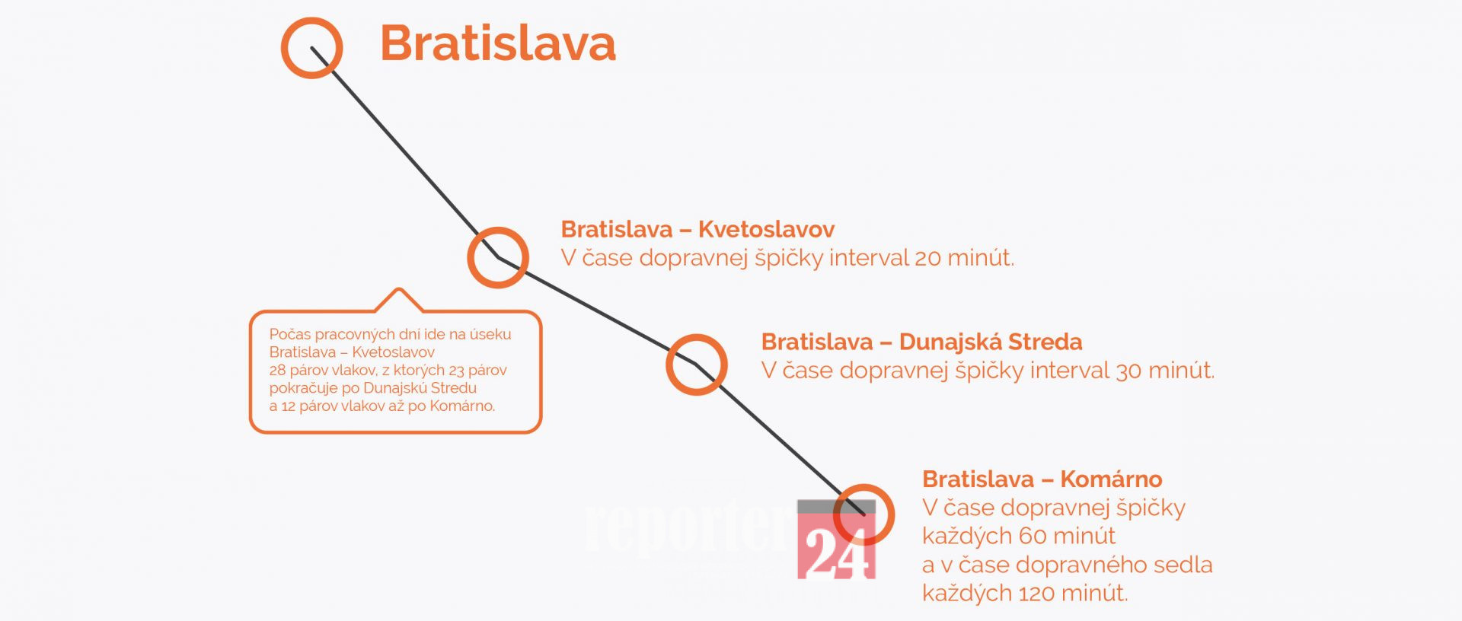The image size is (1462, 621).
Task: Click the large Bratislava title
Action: pyautogui.click(x=498, y=43)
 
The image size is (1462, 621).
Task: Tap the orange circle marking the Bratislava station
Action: pyautogui.click(x=283, y=47)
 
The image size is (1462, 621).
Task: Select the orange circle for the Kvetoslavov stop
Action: pyautogui.click(x=470, y=257)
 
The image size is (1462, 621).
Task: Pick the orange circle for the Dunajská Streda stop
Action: pyautogui.click(x=669, y=365)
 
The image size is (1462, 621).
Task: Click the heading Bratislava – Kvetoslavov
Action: pyautogui.click(x=697, y=229)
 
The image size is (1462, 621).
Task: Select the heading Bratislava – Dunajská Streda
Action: pyautogui.click(x=921, y=342)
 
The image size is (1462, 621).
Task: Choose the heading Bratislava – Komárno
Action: pyautogui.click(x=1042, y=479)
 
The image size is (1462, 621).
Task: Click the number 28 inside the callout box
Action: pyautogui.click(x=277, y=371)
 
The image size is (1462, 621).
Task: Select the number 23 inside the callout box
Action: pyautogui.click(x=456, y=371)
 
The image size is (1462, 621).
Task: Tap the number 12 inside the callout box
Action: pyautogui.click(x=288, y=406)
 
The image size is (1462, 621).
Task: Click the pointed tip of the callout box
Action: pyautogui.click(x=398, y=289)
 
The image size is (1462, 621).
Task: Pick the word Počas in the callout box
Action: pyautogui.click(x=289, y=334)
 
